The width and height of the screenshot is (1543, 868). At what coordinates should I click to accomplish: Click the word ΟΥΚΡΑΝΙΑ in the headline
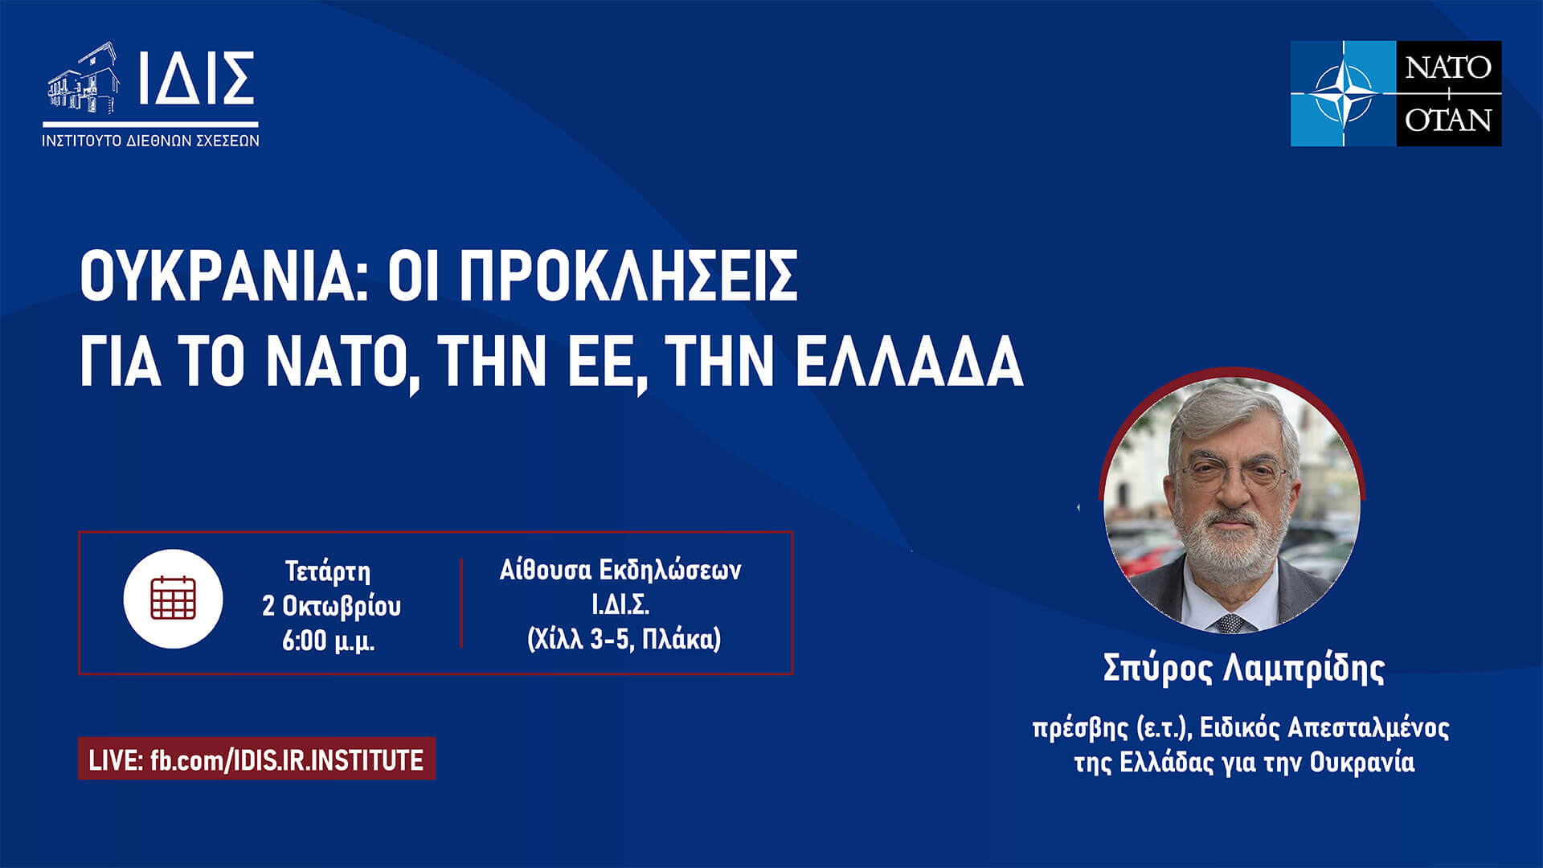click(217, 275)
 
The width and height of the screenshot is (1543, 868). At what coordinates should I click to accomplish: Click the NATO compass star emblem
click(1342, 93)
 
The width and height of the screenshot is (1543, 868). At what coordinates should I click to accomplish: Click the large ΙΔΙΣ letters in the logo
click(196, 79)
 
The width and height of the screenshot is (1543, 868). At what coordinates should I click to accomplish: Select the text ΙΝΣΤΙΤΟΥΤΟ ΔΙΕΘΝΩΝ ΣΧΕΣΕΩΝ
click(150, 141)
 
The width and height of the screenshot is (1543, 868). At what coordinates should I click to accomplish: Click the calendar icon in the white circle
click(173, 598)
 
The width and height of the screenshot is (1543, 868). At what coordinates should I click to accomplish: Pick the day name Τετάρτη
click(328, 571)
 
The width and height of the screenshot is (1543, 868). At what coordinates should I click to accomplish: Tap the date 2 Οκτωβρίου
click(331, 606)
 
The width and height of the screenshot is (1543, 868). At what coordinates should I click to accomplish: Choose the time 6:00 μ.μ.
click(328, 641)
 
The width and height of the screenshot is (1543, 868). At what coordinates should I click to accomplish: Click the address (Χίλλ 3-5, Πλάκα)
click(624, 639)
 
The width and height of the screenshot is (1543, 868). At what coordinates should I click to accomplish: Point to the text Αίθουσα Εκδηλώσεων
click(620, 570)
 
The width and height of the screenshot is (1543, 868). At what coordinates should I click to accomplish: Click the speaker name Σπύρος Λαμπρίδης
click(1243, 669)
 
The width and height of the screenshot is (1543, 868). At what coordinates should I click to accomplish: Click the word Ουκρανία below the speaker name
click(1361, 762)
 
